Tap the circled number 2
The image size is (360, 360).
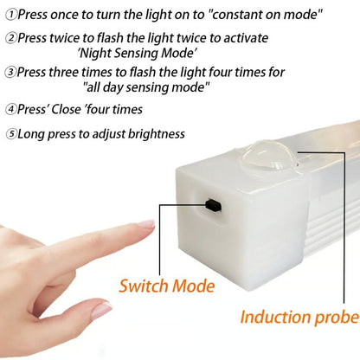pos(10,38)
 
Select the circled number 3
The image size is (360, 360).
pos(10,72)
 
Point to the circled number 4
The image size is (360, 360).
pos(10,109)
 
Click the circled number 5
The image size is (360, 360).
pos(10,133)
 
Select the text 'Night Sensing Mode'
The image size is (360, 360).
pos(143,53)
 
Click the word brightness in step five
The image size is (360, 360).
pos(155,133)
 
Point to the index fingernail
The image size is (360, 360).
pos(145,225)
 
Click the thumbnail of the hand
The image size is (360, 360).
pos(102,309)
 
